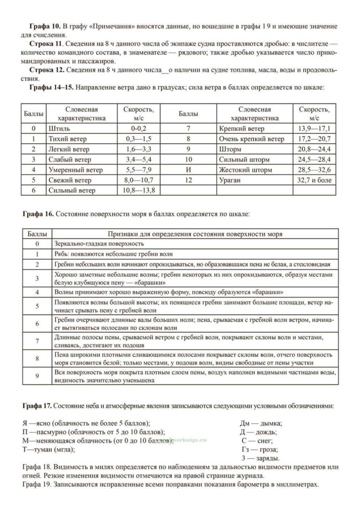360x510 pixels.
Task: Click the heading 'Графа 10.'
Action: coord(45,27)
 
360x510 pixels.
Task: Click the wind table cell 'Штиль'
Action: coord(59,129)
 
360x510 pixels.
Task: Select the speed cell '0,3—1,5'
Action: coord(138,139)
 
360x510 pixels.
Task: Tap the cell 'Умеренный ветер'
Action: coord(76,170)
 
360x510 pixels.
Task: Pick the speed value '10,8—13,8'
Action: coord(138,190)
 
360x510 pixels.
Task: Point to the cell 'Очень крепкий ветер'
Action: coord(251,139)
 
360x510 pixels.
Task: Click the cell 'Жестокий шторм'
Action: coord(245,170)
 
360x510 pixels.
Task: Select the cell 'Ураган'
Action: coord(230,180)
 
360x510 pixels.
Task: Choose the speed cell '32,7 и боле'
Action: coord(314,180)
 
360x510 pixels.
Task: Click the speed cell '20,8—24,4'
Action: coord(314,149)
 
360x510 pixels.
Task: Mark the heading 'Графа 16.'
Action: coord(38,214)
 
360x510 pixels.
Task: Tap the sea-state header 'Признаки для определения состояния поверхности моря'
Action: coord(195,234)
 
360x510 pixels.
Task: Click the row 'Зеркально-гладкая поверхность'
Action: coord(99,244)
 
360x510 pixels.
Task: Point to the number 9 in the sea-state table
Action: coord(37,376)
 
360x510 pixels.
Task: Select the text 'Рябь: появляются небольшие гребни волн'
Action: coord(114,254)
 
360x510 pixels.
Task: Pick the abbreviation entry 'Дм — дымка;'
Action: coord(261,424)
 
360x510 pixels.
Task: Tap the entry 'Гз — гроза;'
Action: coord(260,449)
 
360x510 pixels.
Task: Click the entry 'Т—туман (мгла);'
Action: coord(49,449)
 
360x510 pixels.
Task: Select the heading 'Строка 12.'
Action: coord(47,70)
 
